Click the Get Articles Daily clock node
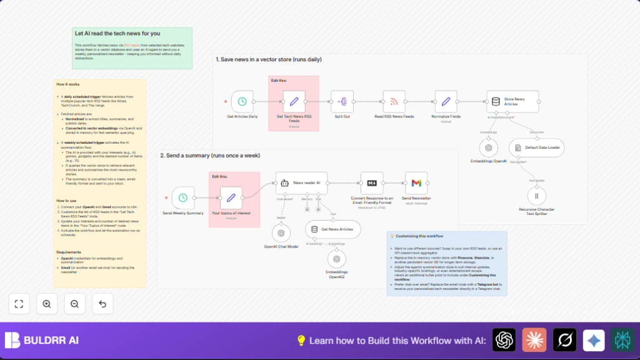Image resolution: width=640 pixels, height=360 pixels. pos(242,101)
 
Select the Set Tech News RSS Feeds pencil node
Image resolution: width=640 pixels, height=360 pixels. pos(293,101)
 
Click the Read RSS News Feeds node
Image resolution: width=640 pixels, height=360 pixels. pos(394,101)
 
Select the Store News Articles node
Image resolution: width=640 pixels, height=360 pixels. pos(512,101)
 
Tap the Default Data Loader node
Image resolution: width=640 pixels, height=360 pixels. pos(536,148)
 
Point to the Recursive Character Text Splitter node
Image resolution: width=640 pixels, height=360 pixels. pos(536,195)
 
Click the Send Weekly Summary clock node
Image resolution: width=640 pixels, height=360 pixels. pos(182,197)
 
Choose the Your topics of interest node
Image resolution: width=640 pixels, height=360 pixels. pos(231,197)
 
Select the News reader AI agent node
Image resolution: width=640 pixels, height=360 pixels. pos(301,183)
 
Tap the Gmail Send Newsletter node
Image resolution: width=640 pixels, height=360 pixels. pos(416,182)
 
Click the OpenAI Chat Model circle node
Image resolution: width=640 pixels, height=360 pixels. pos(281,233)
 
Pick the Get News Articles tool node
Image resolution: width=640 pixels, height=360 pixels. pos(333,229)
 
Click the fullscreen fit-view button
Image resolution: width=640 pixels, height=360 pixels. pos(19,304)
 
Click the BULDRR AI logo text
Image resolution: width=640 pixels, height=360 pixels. pos(52,341)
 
